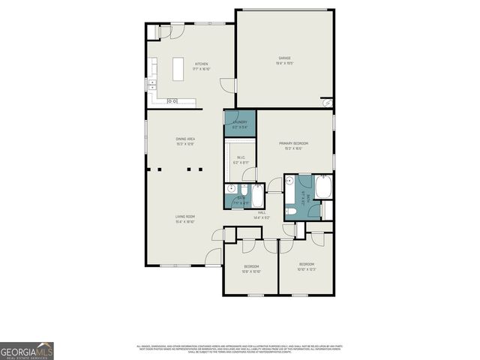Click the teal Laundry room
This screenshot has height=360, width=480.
pos(240,124)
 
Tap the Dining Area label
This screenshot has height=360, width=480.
pos(185,140)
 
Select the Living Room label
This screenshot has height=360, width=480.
pos(185,219)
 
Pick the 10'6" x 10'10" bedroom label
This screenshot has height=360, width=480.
pos(251,268)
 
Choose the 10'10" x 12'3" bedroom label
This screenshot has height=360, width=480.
pos(307,266)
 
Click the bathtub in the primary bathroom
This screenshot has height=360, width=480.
pos(324,187)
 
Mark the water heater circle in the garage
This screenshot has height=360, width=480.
pos(327,103)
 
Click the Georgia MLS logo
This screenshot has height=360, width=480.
pos(27,351)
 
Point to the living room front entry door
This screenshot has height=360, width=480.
pos(214,256)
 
